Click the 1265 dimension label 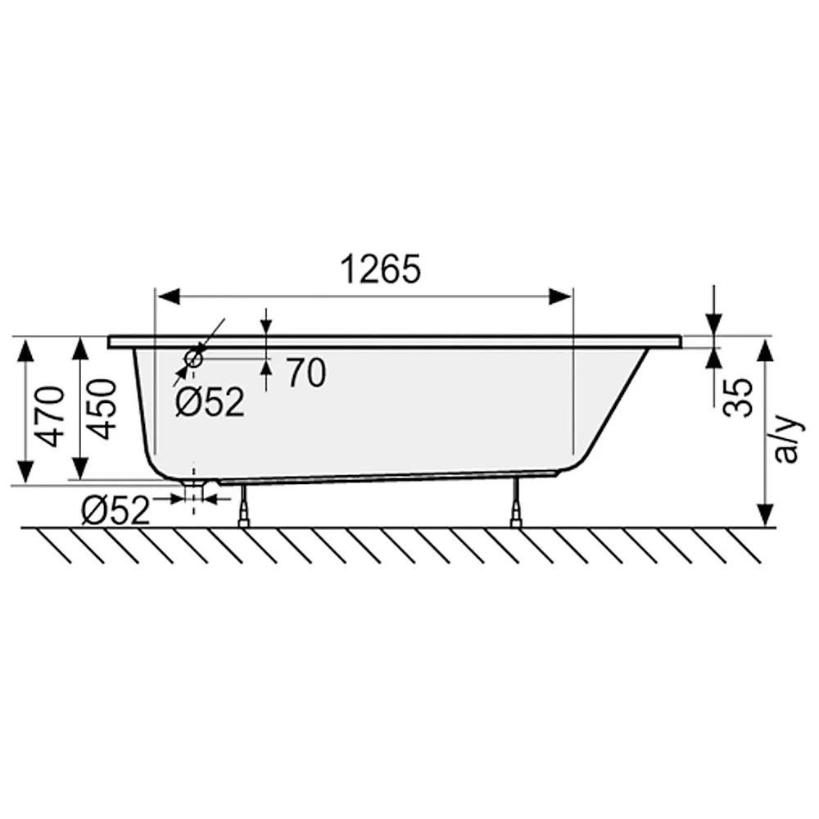coord(380,269)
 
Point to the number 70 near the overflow coord(306,373)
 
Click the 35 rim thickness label coord(740,397)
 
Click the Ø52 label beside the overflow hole coord(210,402)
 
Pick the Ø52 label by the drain coord(115,511)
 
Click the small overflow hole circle coord(194,357)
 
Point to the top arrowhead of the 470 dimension coord(26,349)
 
